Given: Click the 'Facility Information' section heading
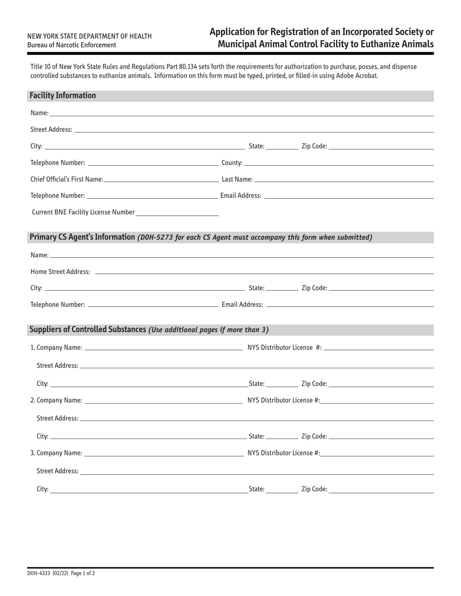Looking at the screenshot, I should [63, 95].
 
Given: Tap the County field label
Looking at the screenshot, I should [232, 163].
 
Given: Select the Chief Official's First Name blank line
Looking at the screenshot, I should [161, 180].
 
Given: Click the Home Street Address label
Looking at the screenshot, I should [60, 272].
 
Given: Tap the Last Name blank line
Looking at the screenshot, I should [344, 180].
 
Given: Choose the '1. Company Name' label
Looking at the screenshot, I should [56, 347].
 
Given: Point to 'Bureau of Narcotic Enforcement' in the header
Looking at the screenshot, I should [71, 45].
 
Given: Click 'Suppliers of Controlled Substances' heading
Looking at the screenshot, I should [88, 329].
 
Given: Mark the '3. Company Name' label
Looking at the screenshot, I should [56, 453].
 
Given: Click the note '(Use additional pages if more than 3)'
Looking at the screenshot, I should [209, 330].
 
